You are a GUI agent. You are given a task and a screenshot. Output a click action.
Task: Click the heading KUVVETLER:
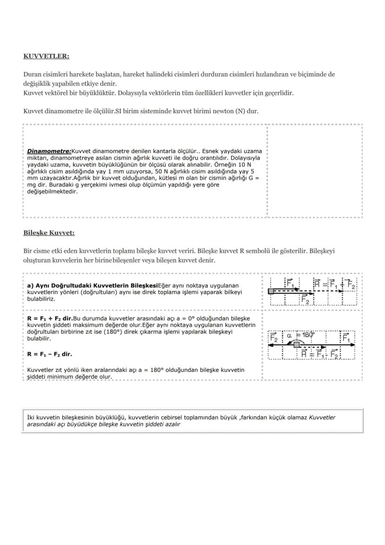coord(46,56)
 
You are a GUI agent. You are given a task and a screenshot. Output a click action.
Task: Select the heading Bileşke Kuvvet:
coord(49,233)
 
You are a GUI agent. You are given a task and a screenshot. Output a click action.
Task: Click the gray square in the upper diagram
coord(271,291)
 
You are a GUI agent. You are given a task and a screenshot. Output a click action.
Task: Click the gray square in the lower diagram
coord(297,344)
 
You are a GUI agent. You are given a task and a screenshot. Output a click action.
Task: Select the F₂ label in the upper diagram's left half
coord(305,299)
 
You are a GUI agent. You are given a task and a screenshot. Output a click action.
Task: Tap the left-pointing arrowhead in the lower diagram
coord(271,344)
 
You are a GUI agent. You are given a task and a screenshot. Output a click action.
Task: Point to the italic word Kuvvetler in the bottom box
coord(322,417)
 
